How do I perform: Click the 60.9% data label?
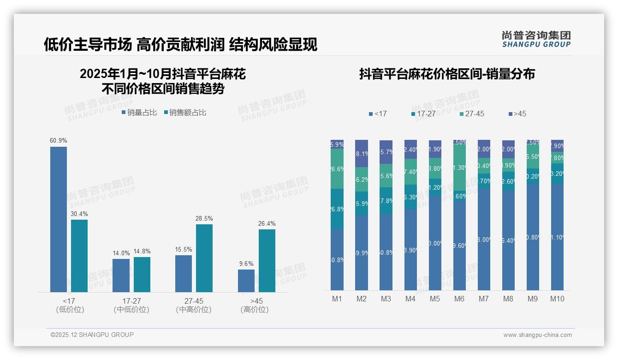click(59, 140)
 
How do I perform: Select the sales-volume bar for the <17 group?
click(59, 219)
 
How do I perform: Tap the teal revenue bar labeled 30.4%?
click(79, 256)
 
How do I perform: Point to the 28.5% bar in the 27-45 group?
click(204, 258)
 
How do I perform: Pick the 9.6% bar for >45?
click(246, 281)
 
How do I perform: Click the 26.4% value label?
click(267, 223)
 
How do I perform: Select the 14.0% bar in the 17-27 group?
click(121, 275)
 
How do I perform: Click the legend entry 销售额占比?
click(185, 113)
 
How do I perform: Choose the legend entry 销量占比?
click(139, 113)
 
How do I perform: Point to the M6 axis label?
click(459, 299)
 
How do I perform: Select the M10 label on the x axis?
click(557, 299)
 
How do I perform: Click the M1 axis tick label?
click(337, 299)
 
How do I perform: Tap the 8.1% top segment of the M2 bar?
click(362, 154)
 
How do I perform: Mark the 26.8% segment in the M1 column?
click(337, 209)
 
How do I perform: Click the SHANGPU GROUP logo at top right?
click(536, 39)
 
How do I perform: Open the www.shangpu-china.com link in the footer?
click(537, 335)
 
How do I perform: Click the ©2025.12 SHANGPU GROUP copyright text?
click(92, 335)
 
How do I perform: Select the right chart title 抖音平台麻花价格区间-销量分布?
click(447, 74)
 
